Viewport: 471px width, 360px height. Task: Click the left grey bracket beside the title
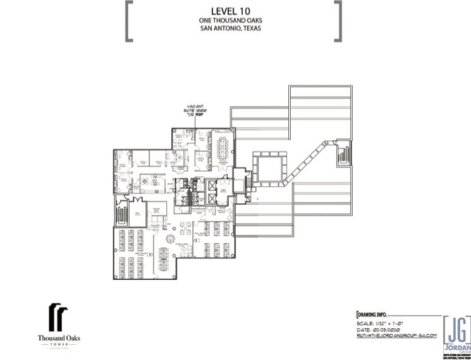pyautogui.click(x=129, y=21)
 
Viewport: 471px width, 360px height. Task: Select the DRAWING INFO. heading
pyautogui.click(x=372, y=314)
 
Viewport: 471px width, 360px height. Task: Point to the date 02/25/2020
pyautogui.click(x=382, y=330)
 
